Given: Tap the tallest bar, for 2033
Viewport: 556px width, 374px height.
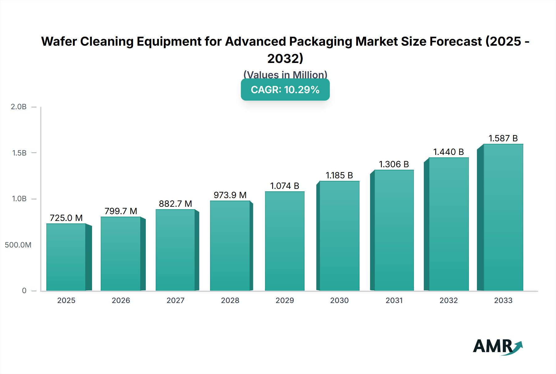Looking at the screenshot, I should pos(503,217).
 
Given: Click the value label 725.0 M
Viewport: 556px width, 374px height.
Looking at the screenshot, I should pos(66,218).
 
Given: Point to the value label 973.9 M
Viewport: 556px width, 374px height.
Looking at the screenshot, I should pos(230,195).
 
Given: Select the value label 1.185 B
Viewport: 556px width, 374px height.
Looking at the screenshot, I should pos(339,175).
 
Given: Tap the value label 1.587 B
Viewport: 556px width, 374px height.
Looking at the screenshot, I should pos(503,138).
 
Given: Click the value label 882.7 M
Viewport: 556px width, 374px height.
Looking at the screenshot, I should pos(175,204).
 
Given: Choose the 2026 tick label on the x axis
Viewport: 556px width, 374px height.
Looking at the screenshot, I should pos(121,300).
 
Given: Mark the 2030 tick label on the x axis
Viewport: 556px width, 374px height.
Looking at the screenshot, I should pos(339,300).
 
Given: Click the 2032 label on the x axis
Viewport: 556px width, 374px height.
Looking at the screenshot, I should pos(449,300).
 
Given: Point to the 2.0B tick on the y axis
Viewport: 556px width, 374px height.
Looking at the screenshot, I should pos(19,107).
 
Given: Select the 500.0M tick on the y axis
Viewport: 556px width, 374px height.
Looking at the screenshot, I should pos(18,245).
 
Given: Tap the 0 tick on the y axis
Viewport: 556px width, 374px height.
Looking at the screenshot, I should pos(24,290).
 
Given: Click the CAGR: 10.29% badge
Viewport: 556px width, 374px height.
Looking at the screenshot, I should pos(285,89).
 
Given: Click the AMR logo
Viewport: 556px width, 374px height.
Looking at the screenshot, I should pos(497,346).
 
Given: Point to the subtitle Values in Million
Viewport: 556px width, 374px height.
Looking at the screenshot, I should pos(285,74).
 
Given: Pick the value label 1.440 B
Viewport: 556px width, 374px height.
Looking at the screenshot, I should pos(449,152).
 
